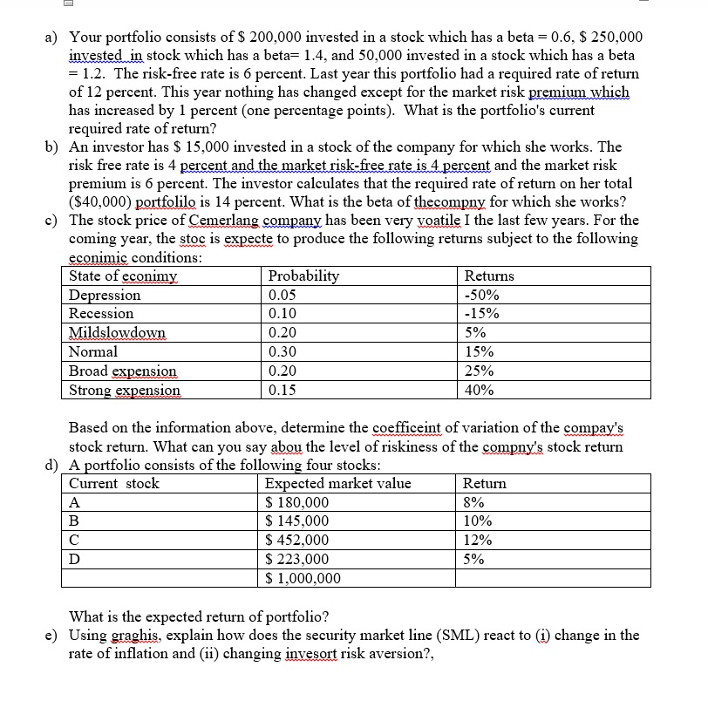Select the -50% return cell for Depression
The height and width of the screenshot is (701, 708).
click(481, 295)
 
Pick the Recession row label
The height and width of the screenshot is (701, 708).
click(101, 314)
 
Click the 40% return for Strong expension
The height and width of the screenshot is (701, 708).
click(480, 391)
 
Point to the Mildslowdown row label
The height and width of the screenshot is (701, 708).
click(117, 333)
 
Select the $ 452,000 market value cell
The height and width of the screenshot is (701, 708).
click(297, 540)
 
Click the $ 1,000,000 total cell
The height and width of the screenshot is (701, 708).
click(303, 578)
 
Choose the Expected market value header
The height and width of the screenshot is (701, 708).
click(337, 483)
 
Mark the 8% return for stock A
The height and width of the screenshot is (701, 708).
click(473, 502)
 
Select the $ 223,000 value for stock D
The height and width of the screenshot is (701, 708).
click(297, 559)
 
